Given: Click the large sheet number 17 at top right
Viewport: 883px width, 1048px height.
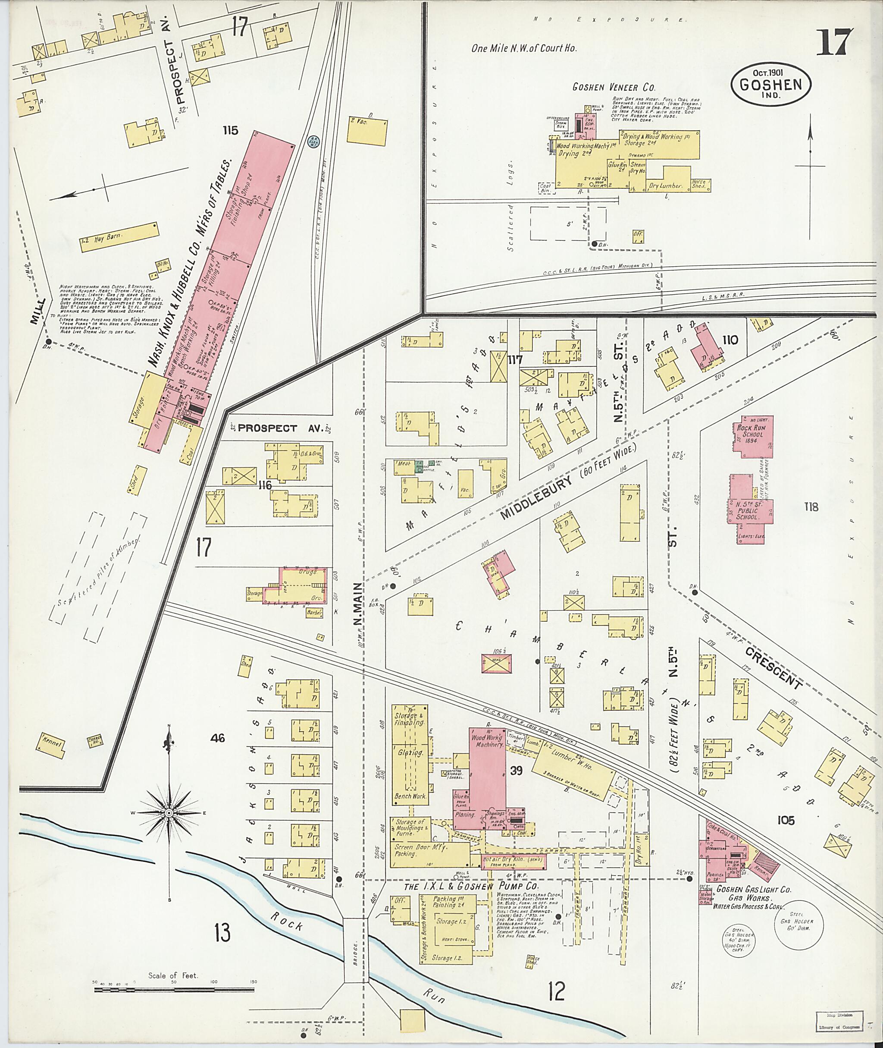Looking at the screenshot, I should (x=834, y=43).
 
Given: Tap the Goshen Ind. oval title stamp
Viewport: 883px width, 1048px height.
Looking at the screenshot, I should (x=771, y=85).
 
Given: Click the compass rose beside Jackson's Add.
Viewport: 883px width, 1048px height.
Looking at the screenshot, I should (x=169, y=812).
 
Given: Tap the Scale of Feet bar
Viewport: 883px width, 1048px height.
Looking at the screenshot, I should (x=175, y=989).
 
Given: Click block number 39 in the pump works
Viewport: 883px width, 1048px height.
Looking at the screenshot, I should (x=516, y=771).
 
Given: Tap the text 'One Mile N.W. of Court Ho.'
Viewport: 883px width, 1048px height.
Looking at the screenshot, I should (x=523, y=49).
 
